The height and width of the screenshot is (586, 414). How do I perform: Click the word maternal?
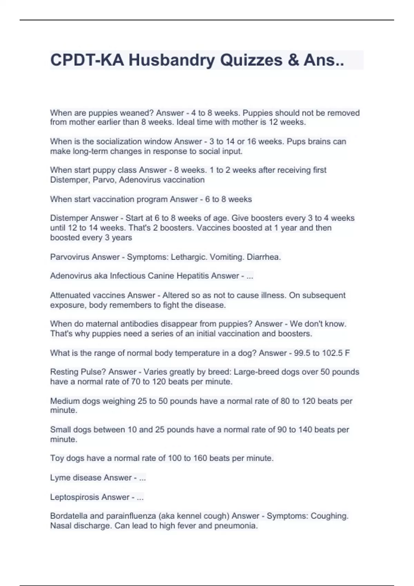point(103,324)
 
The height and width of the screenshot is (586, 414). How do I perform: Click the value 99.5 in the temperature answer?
point(302,353)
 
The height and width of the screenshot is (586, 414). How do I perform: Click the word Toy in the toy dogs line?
point(57,458)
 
